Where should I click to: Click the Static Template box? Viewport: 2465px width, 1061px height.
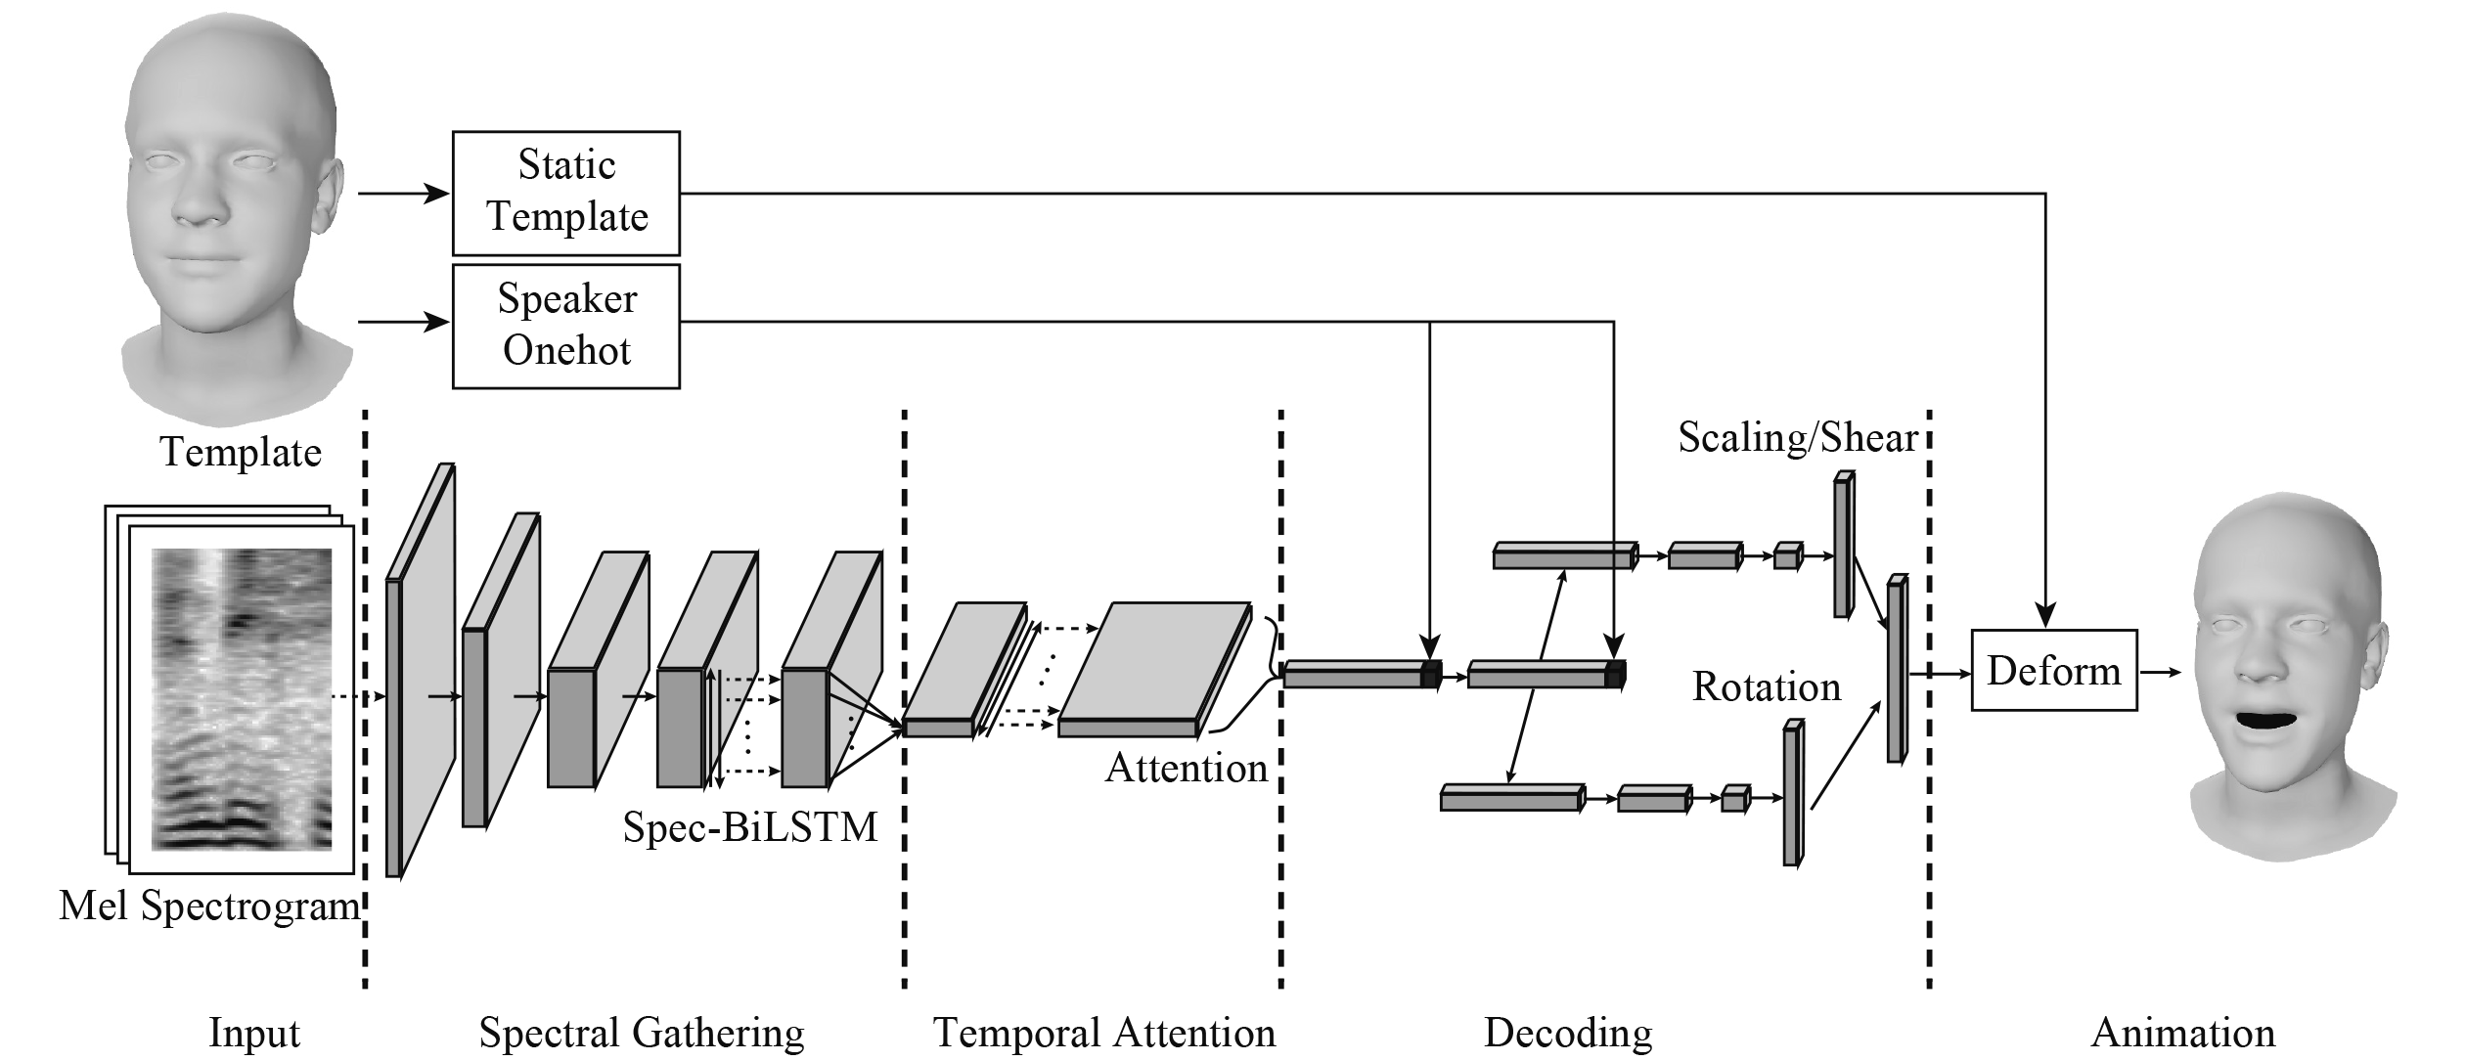[x=565, y=193]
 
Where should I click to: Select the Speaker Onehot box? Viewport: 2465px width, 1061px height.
[x=565, y=325]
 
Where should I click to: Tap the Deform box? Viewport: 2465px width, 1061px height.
[x=2053, y=670]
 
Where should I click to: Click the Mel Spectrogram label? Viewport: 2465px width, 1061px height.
[x=209, y=906]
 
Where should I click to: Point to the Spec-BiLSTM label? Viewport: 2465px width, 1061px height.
[x=750, y=826]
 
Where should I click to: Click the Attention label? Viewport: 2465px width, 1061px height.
[x=1186, y=768]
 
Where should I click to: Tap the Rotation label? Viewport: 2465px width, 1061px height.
[x=1766, y=686]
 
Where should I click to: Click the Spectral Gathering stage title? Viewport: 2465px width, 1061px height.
[x=641, y=1033]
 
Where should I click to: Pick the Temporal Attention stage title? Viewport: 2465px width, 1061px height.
[x=1103, y=1033]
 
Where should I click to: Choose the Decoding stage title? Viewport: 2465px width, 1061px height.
[x=1567, y=1033]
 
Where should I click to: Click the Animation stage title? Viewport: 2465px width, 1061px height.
[x=2182, y=1033]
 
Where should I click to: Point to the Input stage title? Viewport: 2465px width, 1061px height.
[x=254, y=1033]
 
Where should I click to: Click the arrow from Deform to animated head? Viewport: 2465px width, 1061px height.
[x=2161, y=672]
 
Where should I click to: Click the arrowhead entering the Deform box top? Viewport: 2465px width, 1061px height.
[x=2045, y=616]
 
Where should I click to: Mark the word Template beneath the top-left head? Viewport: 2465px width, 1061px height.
[x=241, y=452]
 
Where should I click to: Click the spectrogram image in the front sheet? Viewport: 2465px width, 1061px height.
[x=241, y=698]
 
